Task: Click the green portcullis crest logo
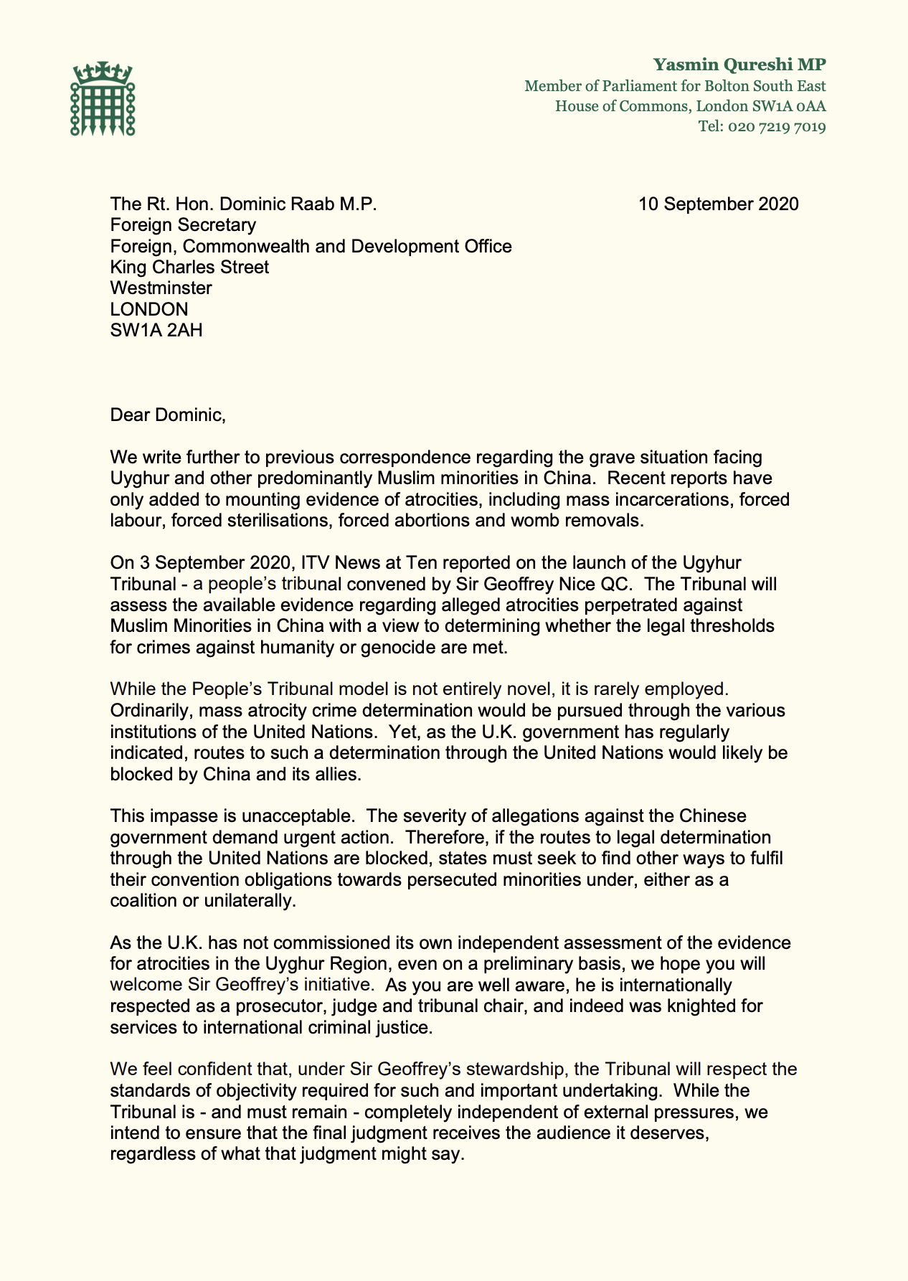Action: click(x=103, y=98)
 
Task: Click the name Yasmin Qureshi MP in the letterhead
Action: click(x=739, y=65)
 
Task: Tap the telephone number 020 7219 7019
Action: click(x=777, y=128)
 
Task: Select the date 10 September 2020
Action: click(x=718, y=204)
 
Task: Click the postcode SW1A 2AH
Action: click(x=156, y=331)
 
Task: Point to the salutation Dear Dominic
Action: click(x=168, y=415)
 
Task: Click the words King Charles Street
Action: click(x=189, y=268)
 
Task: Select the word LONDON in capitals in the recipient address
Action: click(x=149, y=310)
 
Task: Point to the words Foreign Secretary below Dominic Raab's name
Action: click(x=183, y=225)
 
